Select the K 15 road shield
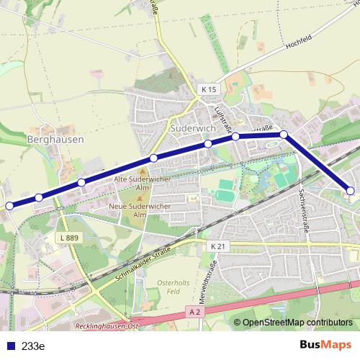pos(208,89)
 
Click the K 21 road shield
pos(219,246)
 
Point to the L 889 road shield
pos(69,238)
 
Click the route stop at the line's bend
pos(284,135)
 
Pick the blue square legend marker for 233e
pos(10,346)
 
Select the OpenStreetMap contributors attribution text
pos(297,323)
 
